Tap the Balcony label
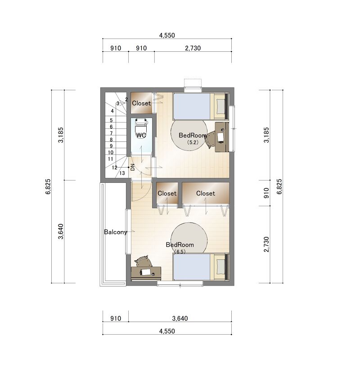pos(115,232)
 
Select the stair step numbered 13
pos(122,173)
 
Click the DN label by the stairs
pos(133,167)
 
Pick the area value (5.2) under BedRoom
pos(193,142)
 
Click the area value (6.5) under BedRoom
pos(180,251)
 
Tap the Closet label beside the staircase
pos(141,103)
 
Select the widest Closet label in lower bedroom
pos(206,193)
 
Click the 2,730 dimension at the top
pos(193,48)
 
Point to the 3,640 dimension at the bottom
pos(180,318)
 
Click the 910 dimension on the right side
pos(266,193)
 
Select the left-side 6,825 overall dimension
pos(48,186)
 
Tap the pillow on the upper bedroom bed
pos(220,106)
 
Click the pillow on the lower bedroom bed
pos(220,267)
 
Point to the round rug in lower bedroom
pos(189,238)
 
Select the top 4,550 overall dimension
pos(167,35)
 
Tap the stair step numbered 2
pos(126,100)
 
